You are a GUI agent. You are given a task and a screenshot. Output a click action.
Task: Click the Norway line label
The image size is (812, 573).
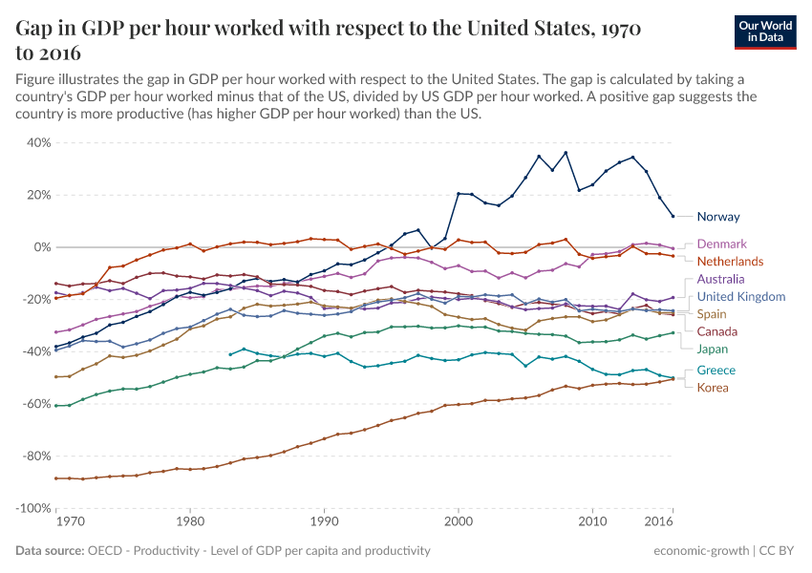pyautogui.click(x=718, y=217)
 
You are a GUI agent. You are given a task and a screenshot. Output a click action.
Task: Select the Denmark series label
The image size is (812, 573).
pyautogui.click(x=721, y=244)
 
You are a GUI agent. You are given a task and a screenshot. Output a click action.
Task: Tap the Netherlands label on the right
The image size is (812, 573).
pyautogui.click(x=731, y=262)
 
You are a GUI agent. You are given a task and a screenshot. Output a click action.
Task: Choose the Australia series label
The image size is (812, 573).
pyautogui.click(x=722, y=280)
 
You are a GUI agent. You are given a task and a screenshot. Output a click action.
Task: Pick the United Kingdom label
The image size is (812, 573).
pyautogui.click(x=741, y=297)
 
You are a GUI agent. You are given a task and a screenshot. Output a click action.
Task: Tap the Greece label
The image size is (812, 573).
pyautogui.click(x=716, y=371)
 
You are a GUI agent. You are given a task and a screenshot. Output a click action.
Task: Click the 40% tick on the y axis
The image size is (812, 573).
pyautogui.click(x=39, y=142)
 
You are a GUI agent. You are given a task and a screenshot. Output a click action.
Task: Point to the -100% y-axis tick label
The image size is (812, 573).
pyautogui.click(x=34, y=508)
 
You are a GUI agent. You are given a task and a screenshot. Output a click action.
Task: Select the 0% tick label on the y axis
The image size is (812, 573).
pyautogui.click(x=42, y=247)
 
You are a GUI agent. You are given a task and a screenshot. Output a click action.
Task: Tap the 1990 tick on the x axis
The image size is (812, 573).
pyautogui.click(x=325, y=523)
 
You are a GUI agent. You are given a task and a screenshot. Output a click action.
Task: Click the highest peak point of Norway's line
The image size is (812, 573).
pyautogui.click(x=566, y=153)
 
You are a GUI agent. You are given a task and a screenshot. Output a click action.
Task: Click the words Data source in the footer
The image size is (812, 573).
pyautogui.click(x=50, y=551)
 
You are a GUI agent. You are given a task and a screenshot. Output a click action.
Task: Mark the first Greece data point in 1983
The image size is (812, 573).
pyautogui.click(x=230, y=354)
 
